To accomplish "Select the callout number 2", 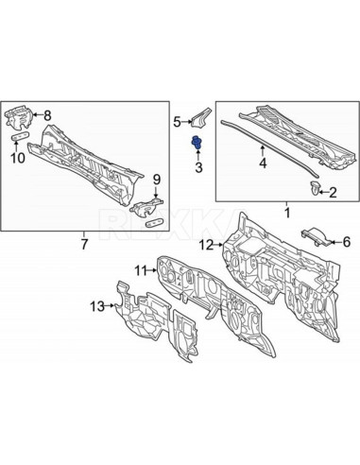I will click(332, 193).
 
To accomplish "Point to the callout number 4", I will click(264, 163).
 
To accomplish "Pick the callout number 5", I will click(176, 121).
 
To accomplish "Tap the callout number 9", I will click(157, 179).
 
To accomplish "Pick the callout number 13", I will click(96, 305).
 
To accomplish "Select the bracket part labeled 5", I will click(200, 118).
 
